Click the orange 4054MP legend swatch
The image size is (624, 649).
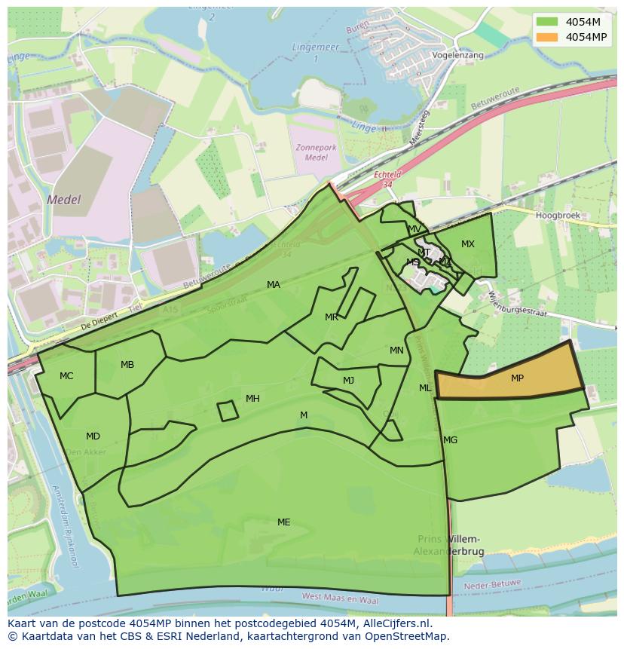[x=548, y=36]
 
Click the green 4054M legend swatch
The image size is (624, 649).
[x=548, y=21]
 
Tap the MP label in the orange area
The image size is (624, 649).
[x=517, y=378]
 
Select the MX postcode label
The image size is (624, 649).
[x=468, y=244]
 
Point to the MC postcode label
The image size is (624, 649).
[x=66, y=376]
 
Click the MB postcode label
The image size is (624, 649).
[x=127, y=365]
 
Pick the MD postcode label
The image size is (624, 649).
[x=93, y=436]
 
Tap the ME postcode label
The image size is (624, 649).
[x=283, y=522]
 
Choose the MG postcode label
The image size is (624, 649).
[x=450, y=440]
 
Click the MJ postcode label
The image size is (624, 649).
[x=348, y=381]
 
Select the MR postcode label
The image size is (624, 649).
[x=332, y=317]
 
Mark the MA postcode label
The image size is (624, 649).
[x=274, y=285]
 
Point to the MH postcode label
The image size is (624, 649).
[x=252, y=399]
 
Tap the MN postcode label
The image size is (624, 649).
[x=396, y=351]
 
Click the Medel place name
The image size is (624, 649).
[x=63, y=201]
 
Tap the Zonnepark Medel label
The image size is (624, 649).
[x=317, y=152]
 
